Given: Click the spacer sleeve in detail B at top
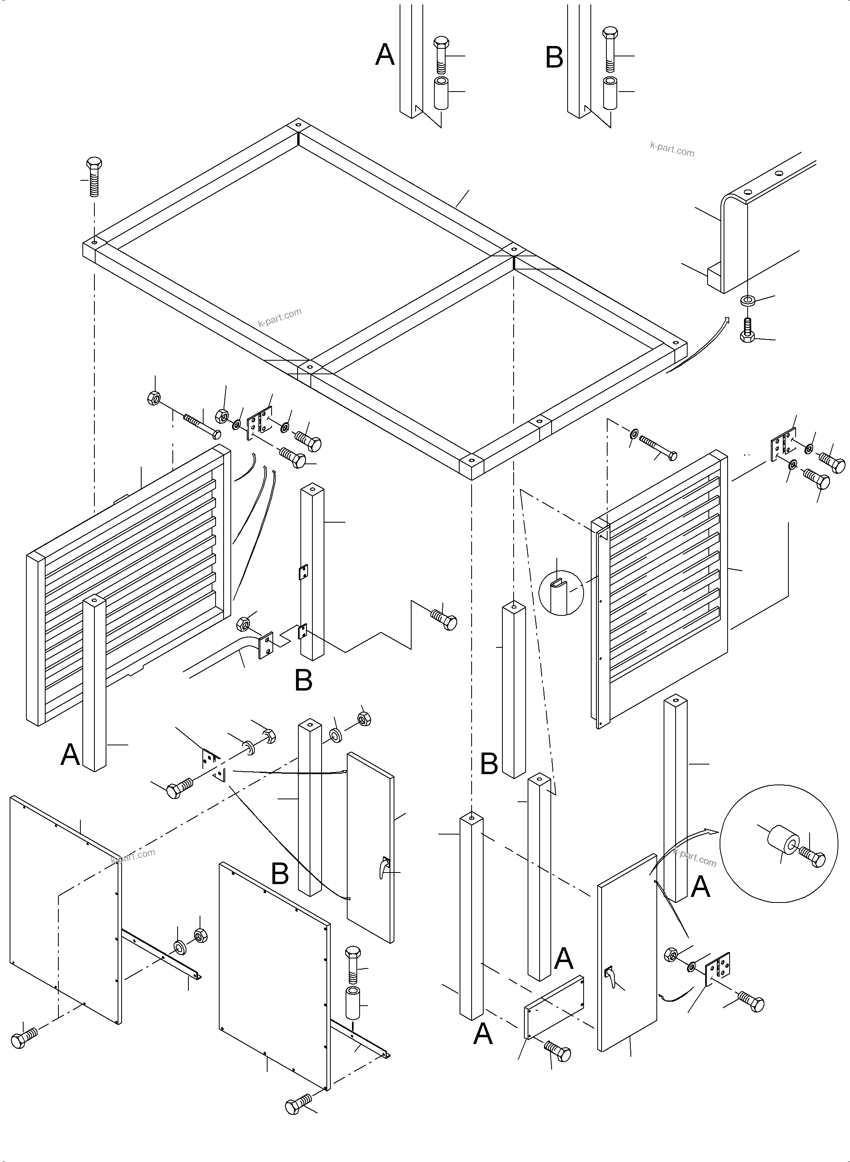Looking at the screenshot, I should pos(611,93).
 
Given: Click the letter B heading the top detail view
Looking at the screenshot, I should pos(554,57).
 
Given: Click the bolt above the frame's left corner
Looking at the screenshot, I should pos(94,176).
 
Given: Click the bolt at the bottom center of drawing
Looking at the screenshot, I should pos(298,1103).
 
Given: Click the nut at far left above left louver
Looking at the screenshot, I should pos(154,397).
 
